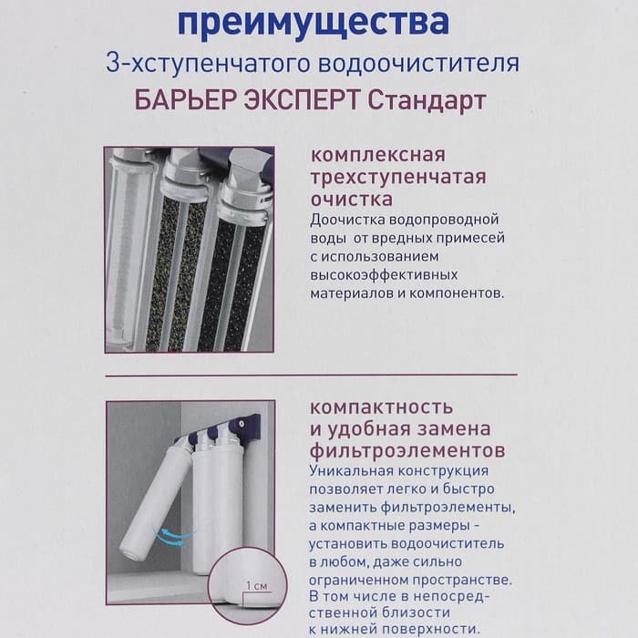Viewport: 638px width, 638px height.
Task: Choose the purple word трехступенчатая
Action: pos(398,176)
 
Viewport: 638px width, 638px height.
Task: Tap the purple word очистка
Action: pos(352,198)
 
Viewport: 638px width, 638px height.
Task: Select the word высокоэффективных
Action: pos(383,274)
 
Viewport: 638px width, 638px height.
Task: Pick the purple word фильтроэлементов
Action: pos(408,450)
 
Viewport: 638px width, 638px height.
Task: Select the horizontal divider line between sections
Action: pos(310,375)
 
